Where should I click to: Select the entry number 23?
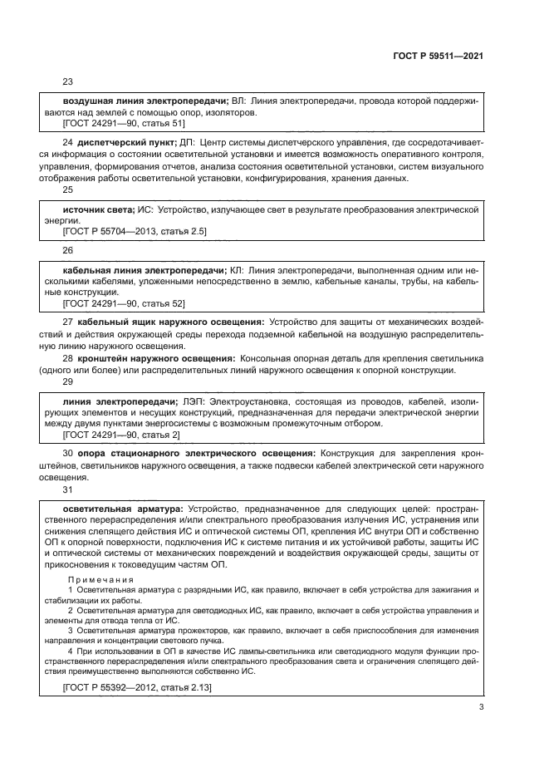pyautogui.click(x=68, y=82)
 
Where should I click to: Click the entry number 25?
pyautogui.click(x=68, y=189)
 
